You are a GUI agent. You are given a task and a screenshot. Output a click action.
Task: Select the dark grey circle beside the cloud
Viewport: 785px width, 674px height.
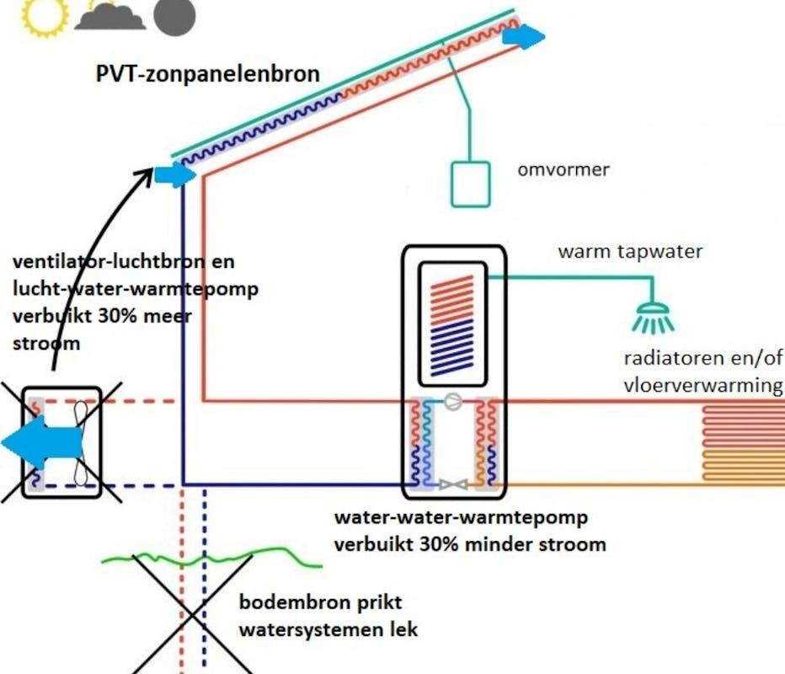174,15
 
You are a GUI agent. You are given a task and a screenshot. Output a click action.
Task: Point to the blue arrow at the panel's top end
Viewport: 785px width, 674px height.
525,36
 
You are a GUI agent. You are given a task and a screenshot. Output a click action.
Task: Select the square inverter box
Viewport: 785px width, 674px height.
470,183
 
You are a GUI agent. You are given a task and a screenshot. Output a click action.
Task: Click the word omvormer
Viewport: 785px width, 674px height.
563,170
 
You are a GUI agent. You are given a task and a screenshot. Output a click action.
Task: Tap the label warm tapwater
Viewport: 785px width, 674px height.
630,251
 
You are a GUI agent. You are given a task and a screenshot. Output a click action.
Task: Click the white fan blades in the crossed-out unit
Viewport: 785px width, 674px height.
79,442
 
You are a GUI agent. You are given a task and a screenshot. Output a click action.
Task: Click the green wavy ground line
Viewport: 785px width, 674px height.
211,556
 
